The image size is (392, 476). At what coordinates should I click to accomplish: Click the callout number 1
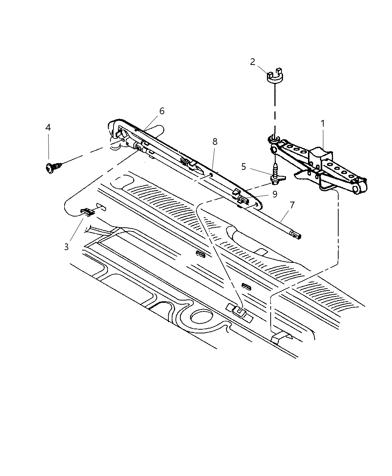(323, 123)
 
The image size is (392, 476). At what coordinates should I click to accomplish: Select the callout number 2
(253, 62)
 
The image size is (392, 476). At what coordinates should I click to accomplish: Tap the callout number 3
(66, 247)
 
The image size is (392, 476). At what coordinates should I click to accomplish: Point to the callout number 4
(48, 128)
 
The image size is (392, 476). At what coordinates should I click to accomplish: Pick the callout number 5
(244, 167)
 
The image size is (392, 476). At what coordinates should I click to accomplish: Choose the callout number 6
(161, 111)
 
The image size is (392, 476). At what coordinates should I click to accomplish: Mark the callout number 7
(292, 205)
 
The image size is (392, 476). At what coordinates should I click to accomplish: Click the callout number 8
(215, 141)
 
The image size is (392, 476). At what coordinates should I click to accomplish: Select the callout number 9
(275, 194)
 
